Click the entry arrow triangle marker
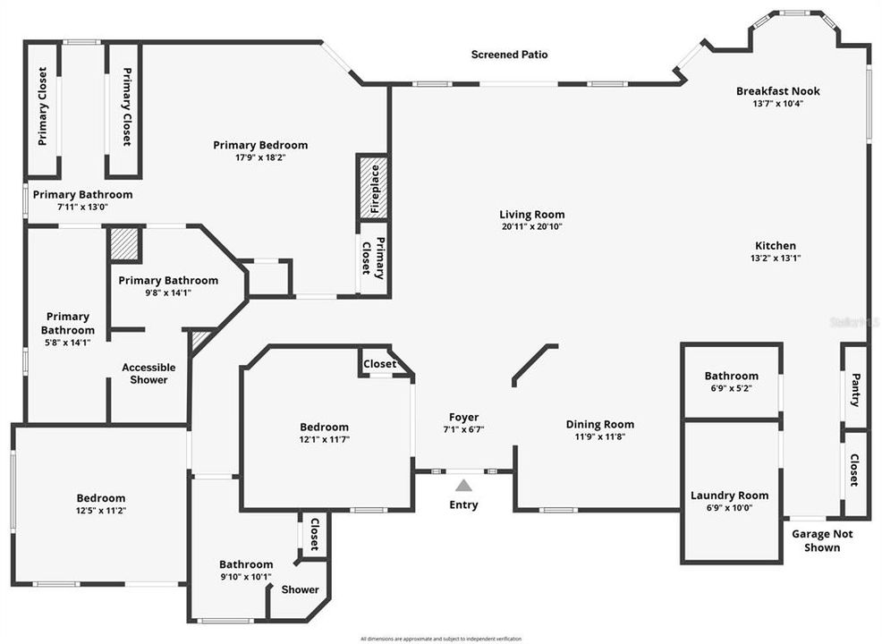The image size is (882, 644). coord(463,486)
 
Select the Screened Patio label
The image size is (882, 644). coord(509,55)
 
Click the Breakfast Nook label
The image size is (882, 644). coord(777,91)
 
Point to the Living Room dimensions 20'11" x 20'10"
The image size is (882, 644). coord(531,227)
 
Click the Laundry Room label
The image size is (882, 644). coord(729,496)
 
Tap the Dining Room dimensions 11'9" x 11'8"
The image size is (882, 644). coord(599,437)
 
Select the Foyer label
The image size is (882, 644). coord(463,417)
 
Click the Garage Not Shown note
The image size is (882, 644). coord(822,540)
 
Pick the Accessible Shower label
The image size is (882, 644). coord(148,374)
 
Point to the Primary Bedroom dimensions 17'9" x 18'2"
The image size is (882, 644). coord(260,157)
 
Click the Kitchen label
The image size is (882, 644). coord(775,246)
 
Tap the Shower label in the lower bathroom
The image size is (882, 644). coord(301,589)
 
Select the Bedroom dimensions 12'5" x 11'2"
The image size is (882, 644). coord(100,511)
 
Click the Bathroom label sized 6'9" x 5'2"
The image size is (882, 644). coord(731,376)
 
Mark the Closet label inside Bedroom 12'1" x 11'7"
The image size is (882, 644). coord(379,364)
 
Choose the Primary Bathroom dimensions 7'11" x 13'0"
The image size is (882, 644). coord(82,207)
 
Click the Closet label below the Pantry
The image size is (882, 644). coord(855,470)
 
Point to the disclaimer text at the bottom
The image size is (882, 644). coord(440,639)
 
